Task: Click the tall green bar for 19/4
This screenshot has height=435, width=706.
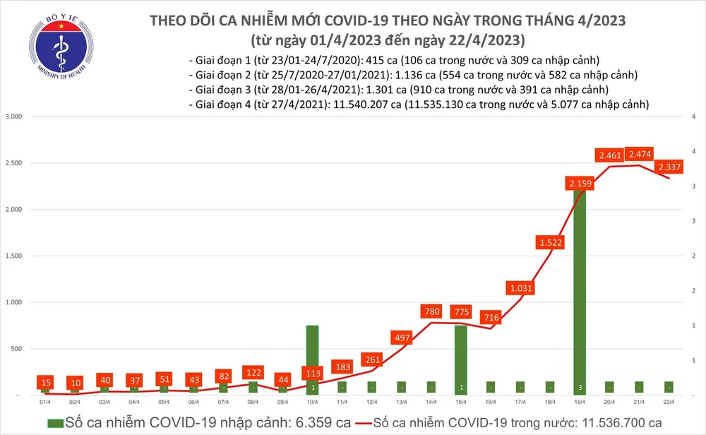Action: pyautogui.click(x=579, y=297)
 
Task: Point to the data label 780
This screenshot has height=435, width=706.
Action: pyautogui.click(x=431, y=311)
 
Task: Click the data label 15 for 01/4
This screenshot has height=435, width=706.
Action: pyautogui.click(x=45, y=382)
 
